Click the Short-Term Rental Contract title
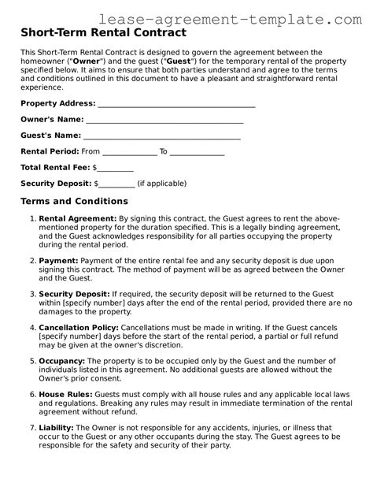coord(103,34)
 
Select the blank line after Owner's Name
coord(164,120)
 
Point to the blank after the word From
coord(130,152)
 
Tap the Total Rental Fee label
coord(55,167)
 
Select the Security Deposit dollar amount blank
coord(116,184)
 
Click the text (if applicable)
coord(161,183)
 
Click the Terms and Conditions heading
coord(74,202)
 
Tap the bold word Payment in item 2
coord(56,259)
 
